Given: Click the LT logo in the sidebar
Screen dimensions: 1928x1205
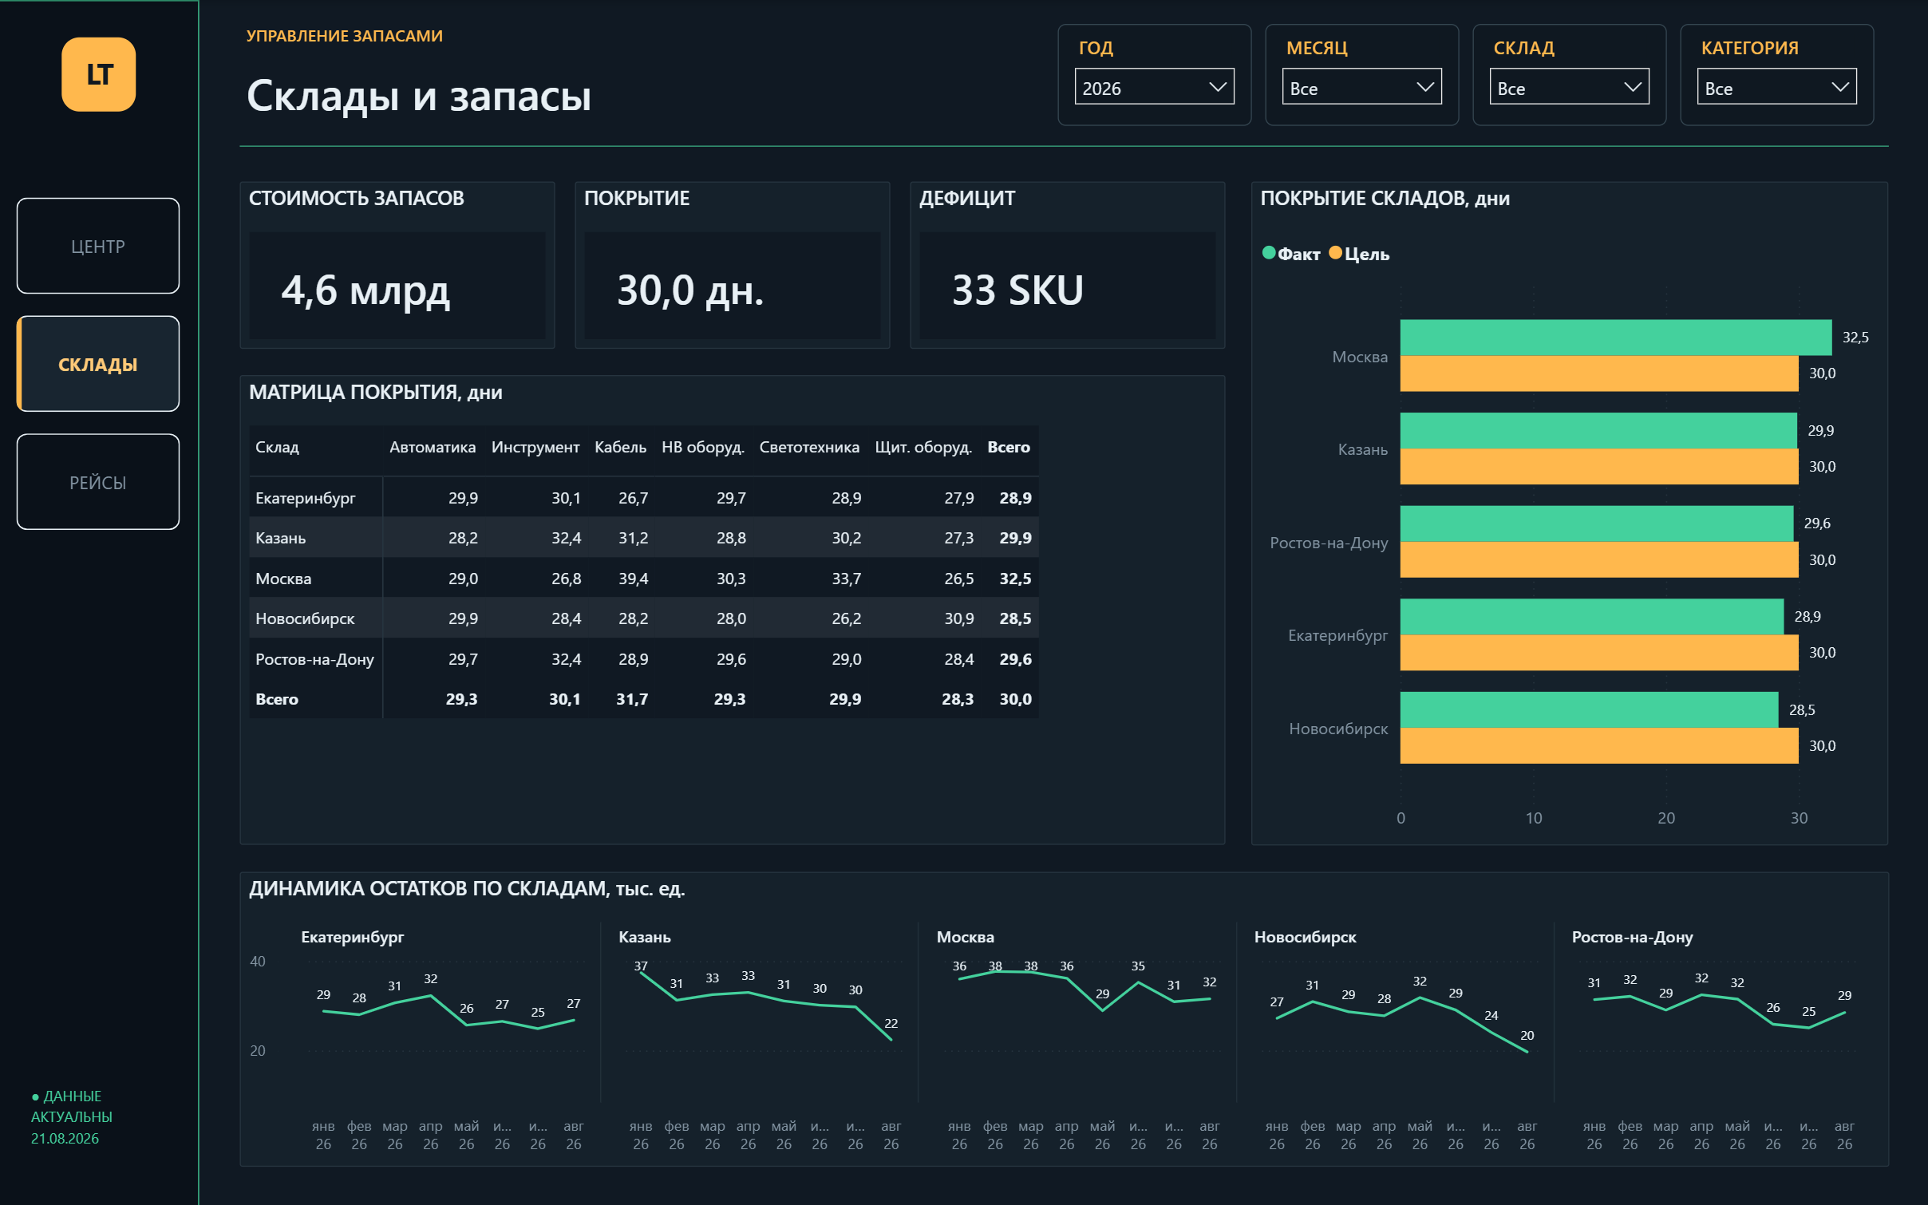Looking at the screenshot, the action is click(98, 74).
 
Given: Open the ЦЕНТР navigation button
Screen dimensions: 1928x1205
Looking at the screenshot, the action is click(98, 246).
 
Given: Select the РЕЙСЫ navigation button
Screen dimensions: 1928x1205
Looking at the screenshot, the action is click(98, 482).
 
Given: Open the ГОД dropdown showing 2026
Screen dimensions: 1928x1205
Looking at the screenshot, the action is click(1154, 87).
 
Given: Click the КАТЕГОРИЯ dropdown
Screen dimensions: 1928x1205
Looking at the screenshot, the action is click(1776, 87).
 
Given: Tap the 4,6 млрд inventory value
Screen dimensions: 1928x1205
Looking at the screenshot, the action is click(365, 290).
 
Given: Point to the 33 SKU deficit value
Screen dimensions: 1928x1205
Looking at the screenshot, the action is click(1017, 290).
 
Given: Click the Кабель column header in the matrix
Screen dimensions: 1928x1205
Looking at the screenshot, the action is click(620, 447).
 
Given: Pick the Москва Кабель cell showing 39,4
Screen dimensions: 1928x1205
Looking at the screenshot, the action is click(633, 579).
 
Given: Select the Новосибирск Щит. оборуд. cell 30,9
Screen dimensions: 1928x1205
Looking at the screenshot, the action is click(959, 618).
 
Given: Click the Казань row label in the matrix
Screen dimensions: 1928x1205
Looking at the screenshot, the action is click(280, 538).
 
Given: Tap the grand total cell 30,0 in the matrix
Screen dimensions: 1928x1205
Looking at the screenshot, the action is click(1015, 699).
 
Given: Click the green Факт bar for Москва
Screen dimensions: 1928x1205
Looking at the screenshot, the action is click(1615, 338).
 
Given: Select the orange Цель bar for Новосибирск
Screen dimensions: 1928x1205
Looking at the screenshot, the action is click(1599, 745).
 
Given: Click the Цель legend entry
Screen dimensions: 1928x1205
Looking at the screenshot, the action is click(1359, 254).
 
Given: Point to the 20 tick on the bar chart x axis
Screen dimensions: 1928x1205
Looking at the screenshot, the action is click(1666, 818).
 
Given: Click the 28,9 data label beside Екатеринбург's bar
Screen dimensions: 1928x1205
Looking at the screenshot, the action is click(1807, 616).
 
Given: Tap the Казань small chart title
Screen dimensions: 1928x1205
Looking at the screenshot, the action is click(645, 937).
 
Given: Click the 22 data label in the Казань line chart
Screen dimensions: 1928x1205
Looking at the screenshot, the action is click(891, 1023).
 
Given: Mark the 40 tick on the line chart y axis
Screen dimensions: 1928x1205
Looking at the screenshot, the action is click(258, 962).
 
